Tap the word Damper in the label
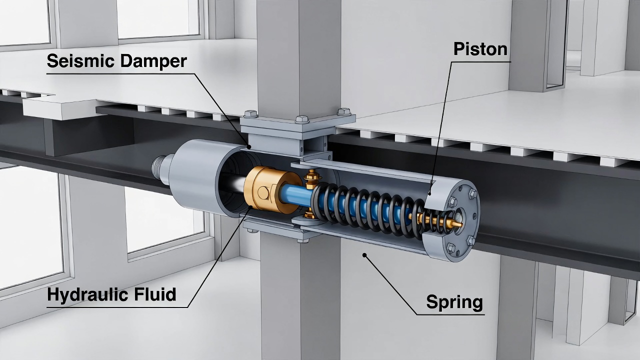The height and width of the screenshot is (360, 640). tap(153, 61)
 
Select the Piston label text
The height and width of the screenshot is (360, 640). tap(480, 49)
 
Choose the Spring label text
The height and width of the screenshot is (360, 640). tap(454, 302)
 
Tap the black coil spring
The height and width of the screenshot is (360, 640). tap(368, 210)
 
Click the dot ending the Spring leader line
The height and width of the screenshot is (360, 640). tap(364, 255)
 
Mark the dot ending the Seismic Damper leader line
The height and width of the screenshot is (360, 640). tap(249, 147)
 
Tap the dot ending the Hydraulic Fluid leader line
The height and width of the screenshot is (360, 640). tap(250, 207)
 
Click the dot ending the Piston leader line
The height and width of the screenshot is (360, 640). tap(429, 194)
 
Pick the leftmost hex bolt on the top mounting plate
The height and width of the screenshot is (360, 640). tap(251, 113)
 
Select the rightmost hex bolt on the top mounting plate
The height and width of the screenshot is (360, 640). tap(343, 111)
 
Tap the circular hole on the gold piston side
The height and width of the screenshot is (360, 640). tap(263, 192)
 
